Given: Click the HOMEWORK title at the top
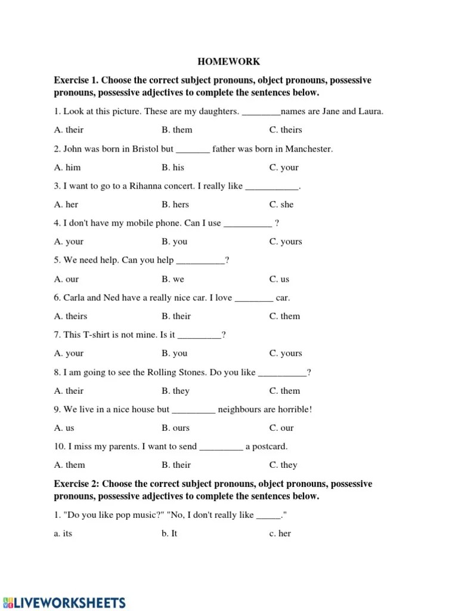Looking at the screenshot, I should coord(229,61).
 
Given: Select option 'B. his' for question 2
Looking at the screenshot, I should coord(172,167).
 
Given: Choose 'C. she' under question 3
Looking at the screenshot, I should coord(281,204).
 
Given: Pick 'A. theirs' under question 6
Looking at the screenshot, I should coord(70,316).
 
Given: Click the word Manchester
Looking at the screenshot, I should coord(307,149).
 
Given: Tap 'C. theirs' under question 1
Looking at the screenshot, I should coord(286,129).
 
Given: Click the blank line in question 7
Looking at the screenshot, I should coord(199,335).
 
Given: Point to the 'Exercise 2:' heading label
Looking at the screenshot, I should coord(77,483).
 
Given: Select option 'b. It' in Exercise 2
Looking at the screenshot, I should coord(169,533).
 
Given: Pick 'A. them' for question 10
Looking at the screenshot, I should coord(69,465).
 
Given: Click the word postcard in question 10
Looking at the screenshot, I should coord(271,446).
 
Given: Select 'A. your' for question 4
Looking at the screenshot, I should coord(69,242).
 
